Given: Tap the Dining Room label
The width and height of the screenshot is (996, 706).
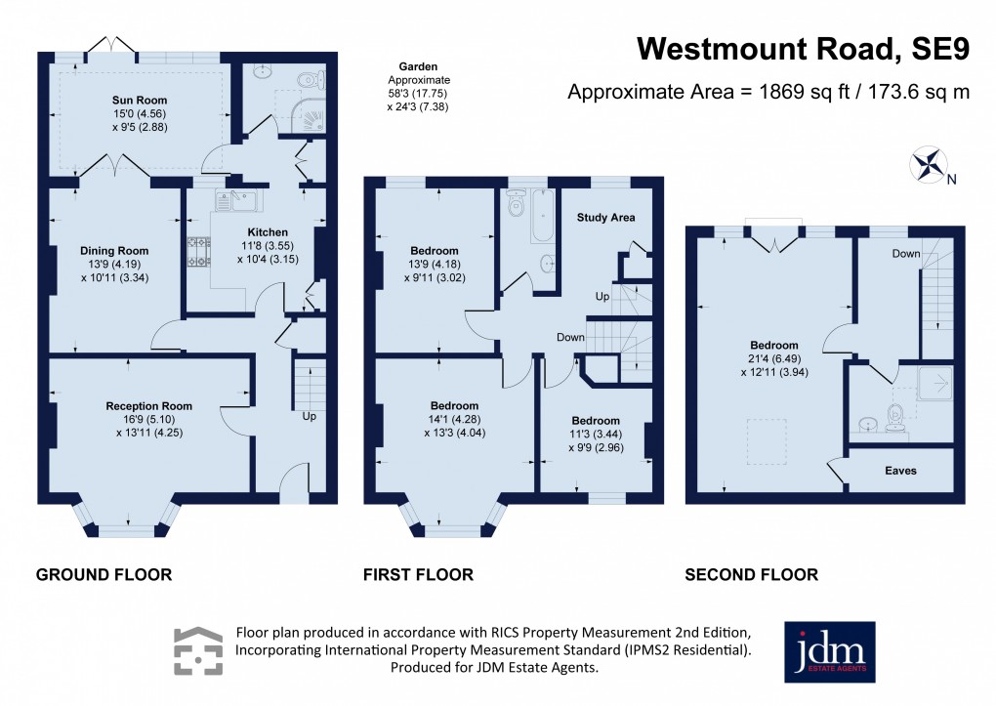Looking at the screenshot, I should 113,250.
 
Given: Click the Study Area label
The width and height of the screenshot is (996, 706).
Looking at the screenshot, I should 606,217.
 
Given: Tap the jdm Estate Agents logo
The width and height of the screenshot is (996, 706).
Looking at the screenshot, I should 829,652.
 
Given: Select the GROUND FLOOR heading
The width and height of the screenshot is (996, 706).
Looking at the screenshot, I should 104,575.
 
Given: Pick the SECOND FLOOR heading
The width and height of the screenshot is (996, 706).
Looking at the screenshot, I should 751,575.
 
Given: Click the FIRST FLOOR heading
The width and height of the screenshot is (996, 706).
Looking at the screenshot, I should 418,575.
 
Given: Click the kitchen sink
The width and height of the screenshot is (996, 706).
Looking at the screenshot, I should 235,201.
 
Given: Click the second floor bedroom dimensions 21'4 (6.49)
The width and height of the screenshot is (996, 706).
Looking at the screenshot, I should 774,358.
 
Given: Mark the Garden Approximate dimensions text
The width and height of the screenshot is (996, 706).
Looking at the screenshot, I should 418,86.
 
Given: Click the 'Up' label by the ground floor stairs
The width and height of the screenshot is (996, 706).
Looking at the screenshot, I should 310,416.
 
